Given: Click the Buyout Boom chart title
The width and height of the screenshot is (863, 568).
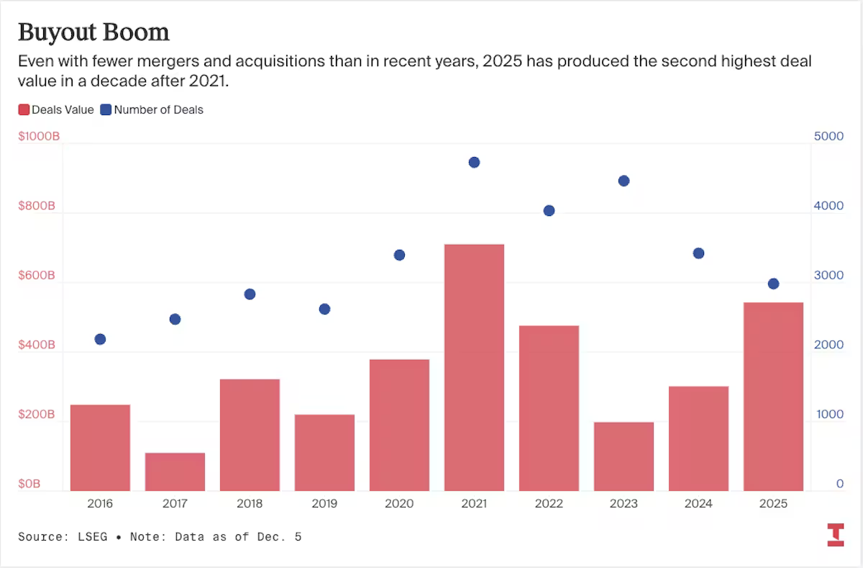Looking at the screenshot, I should coord(93,32).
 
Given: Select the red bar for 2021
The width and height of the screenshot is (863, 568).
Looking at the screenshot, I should coord(474,367).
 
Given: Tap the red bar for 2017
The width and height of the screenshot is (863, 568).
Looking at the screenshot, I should coord(175,472).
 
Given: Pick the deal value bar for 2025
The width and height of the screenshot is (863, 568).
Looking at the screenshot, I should coord(773,396).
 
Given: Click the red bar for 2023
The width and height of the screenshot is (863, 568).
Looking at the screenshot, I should coord(624,456).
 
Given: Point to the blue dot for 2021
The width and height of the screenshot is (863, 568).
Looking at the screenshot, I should coord(474,163).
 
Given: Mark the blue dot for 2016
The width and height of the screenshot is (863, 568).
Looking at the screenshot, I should coord(100,339).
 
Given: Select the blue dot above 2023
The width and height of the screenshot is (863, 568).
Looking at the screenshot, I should coord(624,181).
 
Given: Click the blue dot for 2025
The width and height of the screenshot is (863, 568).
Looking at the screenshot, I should coord(773,284).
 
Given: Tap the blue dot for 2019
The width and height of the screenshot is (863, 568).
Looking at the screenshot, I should coord(324,309).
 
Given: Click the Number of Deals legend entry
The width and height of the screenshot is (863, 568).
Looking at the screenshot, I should coord(152,110).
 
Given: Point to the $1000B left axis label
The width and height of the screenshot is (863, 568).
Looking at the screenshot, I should coord(38,136).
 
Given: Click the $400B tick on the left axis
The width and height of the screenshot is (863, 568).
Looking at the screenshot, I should coord(37,346).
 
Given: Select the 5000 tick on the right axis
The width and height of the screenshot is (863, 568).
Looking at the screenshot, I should coord(828,136).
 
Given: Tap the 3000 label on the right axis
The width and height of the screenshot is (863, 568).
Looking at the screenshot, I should coord(828,276).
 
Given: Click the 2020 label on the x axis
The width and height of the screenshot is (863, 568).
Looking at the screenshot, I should coord(399,504).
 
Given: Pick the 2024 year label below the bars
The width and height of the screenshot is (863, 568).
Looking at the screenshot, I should coord(698,504).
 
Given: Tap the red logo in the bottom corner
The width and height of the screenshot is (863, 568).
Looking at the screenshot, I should coord(835,535).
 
